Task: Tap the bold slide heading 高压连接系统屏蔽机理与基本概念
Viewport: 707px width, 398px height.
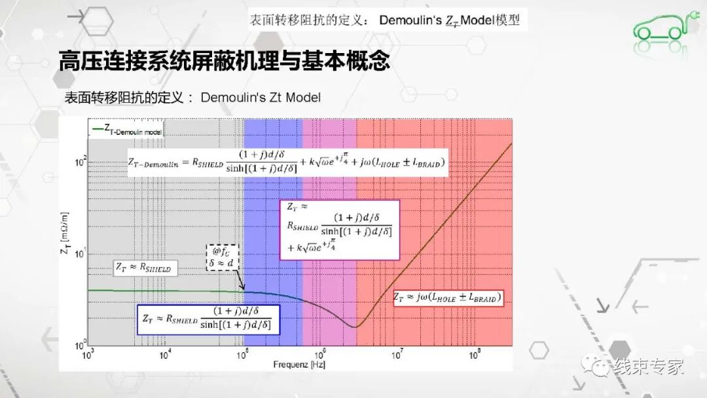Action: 225,62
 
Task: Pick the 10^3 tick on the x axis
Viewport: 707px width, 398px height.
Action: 88,355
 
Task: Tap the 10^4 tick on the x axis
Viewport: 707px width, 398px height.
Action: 166,355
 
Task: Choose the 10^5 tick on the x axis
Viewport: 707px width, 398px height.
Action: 243,355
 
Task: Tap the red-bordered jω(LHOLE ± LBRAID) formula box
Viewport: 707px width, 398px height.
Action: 452,298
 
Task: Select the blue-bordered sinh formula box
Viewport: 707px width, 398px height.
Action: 208,319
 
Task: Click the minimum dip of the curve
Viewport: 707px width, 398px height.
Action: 354,327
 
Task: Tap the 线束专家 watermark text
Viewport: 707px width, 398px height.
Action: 648,367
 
